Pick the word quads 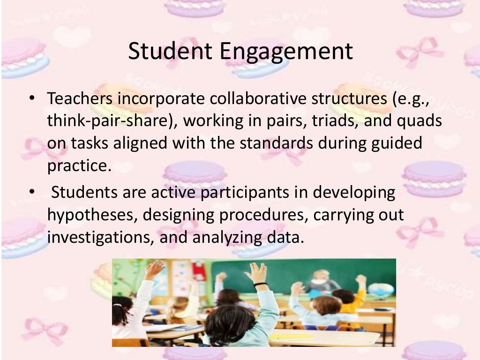(421, 121)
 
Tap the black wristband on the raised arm (261, 284)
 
